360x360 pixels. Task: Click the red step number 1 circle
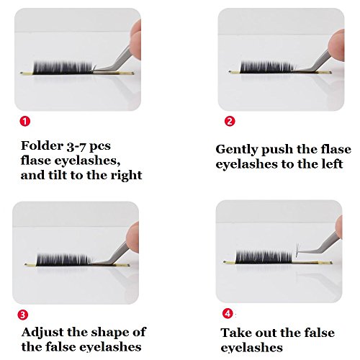[x=25, y=121]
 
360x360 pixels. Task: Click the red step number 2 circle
[x=230, y=121]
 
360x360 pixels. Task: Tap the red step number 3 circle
[x=23, y=315]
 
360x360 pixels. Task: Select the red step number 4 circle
[x=228, y=313]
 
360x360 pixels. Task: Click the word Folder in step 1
[x=42, y=145]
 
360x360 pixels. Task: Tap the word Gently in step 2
[x=236, y=150]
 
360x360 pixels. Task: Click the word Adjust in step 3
[x=42, y=333]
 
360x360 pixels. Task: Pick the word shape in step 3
[x=109, y=333]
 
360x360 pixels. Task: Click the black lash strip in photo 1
[x=63, y=67]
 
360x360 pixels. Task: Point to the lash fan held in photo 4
[x=298, y=251]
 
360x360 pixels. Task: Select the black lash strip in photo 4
[x=264, y=257]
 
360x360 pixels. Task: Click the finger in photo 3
[x=132, y=237]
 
